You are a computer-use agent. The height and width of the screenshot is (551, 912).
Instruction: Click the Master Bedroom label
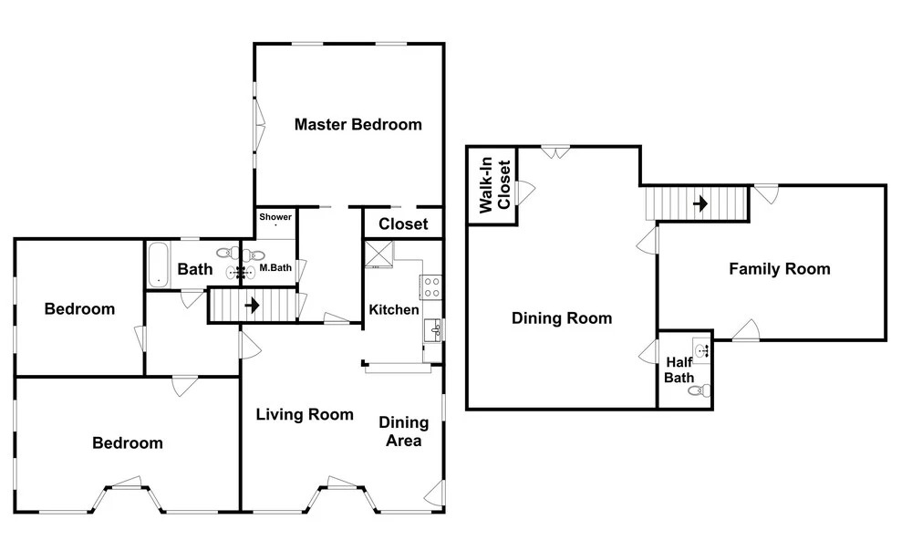point(358,124)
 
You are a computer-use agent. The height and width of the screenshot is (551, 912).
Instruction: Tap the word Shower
point(275,217)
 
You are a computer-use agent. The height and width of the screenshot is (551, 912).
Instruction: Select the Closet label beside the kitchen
point(403,224)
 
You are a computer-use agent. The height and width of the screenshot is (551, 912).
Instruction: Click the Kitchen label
point(394,309)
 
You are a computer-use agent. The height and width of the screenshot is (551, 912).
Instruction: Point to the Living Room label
point(305,414)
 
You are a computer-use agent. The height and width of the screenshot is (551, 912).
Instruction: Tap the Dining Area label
point(404,431)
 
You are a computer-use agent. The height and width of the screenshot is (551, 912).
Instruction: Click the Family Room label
point(780,269)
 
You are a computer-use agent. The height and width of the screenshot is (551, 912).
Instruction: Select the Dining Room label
point(562,318)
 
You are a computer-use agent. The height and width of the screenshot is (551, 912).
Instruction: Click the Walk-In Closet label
point(494,185)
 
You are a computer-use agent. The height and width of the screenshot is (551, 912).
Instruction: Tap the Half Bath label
point(679,370)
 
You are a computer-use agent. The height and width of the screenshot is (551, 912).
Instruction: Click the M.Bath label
point(275,267)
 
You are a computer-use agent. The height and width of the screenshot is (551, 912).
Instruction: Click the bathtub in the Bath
point(158,265)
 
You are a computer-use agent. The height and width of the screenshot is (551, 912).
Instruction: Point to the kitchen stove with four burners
point(431,287)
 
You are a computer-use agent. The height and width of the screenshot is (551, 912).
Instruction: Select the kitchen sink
point(433,331)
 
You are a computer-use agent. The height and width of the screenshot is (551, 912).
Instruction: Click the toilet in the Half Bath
point(700,390)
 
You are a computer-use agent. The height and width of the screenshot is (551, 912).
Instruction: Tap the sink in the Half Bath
point(701,350)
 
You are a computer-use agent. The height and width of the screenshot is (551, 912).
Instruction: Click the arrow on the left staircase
point(253,305)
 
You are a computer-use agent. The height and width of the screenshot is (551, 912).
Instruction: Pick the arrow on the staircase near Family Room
point(700,203)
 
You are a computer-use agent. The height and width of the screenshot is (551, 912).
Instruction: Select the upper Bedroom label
point(79,309)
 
